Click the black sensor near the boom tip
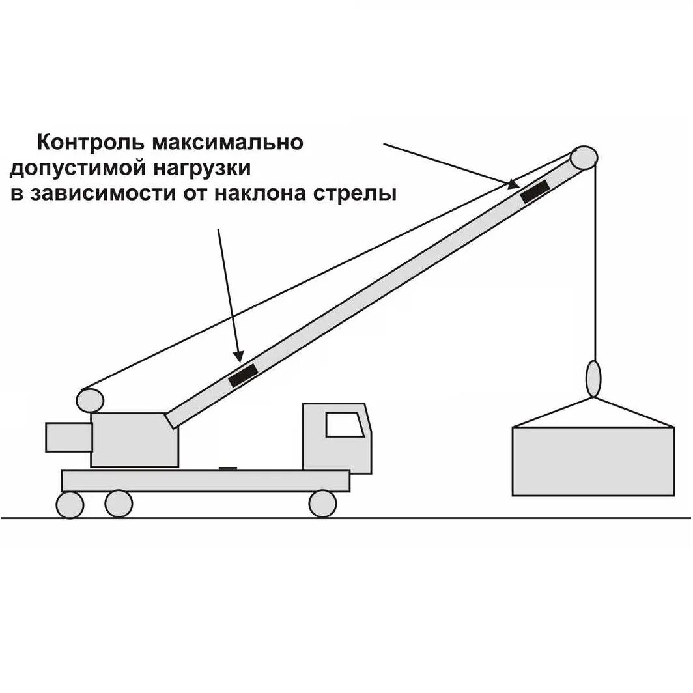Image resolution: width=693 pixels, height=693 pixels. pos(535,191)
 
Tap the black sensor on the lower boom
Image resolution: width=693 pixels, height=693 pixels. pos(243,375)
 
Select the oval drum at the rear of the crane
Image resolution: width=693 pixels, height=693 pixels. pos(90,399)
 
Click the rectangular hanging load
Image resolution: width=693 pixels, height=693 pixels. pos(593,461)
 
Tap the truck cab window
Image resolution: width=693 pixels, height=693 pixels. pos(345,425)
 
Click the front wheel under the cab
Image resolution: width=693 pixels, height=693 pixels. pos(322,503)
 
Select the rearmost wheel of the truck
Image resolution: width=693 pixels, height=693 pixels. pos(70,505)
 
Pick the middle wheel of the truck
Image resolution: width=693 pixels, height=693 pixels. pos(119,503)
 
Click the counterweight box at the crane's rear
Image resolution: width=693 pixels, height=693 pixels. pos(68,437)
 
